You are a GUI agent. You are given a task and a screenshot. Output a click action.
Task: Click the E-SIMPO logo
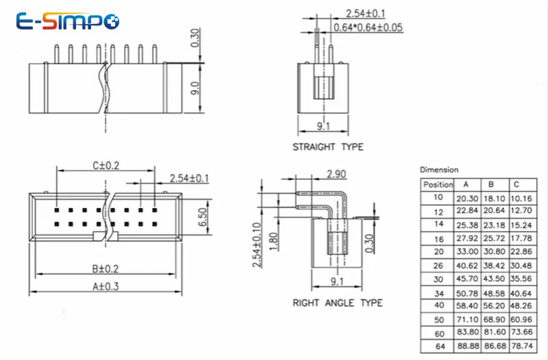67,21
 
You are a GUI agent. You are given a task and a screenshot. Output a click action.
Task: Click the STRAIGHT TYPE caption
328,146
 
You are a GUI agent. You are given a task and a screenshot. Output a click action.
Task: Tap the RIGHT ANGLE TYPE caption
337,303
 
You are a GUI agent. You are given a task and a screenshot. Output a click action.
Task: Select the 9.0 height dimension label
195,88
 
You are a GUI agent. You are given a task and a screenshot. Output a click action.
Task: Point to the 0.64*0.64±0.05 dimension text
368,27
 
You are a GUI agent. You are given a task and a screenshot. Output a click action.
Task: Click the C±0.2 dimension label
106,165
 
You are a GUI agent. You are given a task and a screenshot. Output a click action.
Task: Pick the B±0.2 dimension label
105,268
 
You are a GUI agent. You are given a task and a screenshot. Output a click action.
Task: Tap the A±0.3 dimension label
105,286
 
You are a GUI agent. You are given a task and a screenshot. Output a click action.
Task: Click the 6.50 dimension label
203,217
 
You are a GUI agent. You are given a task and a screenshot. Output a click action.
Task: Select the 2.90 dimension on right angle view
336,174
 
